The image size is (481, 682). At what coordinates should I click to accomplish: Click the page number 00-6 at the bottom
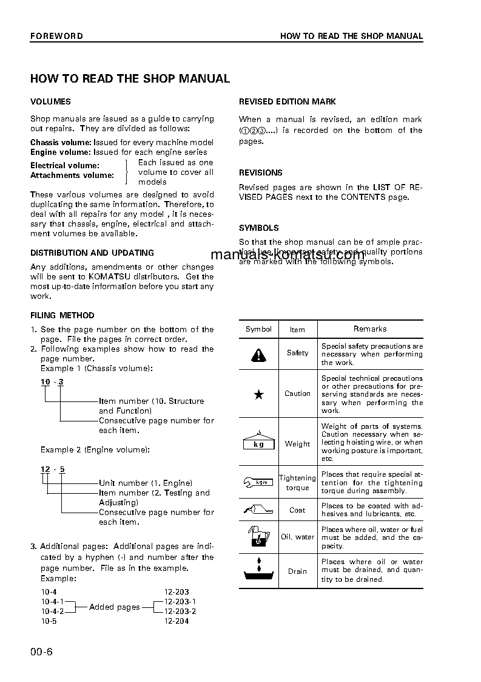pos(42,653)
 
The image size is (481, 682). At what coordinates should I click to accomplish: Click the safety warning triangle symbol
pos(259,354)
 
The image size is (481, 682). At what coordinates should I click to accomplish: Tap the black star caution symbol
pos(259,394)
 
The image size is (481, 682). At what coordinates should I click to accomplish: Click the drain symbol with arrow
pos(259,571)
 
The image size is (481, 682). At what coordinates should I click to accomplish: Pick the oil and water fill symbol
pos(259,536)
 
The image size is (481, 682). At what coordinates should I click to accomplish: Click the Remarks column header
pos(370,329)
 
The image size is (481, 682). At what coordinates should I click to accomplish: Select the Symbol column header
pos(258,329)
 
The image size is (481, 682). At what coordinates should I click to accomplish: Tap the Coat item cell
pos(297,510)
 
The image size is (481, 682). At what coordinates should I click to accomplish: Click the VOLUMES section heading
pos(50,102)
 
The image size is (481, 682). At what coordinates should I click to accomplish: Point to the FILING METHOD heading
pos(62,316)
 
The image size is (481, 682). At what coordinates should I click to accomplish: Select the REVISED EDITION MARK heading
pos(288,102)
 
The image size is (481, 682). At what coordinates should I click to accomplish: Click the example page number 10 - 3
pos(52,382)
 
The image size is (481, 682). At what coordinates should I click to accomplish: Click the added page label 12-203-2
pos(180,611)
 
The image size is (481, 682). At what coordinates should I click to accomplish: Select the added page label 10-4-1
pos(52,601)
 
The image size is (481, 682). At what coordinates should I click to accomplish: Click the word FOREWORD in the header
pos(56,36)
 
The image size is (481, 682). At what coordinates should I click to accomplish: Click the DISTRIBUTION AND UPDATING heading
pos(92,253)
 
